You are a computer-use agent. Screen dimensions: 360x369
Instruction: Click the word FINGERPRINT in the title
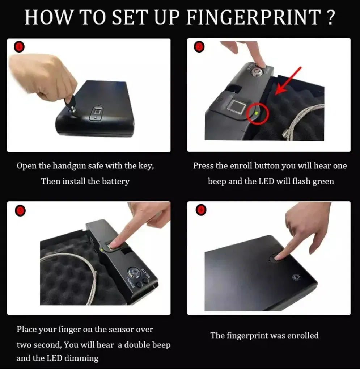254,17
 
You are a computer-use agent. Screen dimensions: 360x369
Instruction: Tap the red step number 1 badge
19,46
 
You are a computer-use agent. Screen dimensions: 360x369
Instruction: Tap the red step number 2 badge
199,47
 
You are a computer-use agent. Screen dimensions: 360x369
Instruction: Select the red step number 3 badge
20,211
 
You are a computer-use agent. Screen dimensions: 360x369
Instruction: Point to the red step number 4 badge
201,210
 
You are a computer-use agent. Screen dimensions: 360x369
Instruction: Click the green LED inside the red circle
256,113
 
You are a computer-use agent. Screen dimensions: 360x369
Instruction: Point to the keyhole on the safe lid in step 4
295,277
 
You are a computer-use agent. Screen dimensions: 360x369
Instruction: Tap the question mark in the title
331,17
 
